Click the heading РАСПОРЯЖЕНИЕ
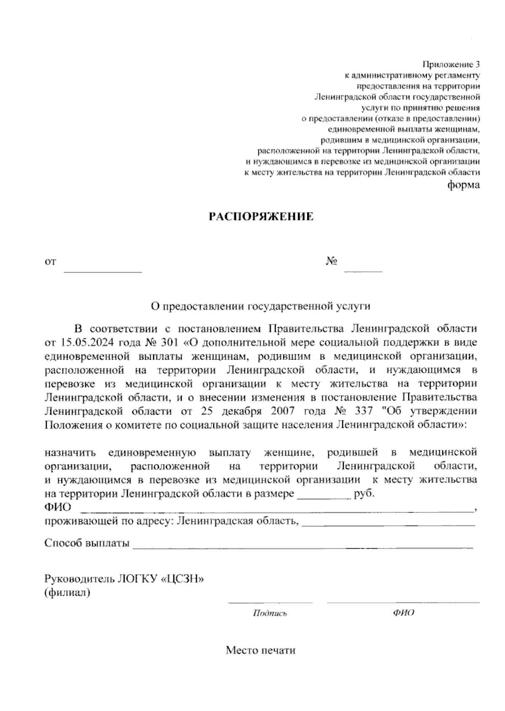pyautogui.click(x=261, y=217)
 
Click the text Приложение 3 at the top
pyautogui.click(x=451, y=65)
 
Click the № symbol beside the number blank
pyautogui.click(x=332, y=262)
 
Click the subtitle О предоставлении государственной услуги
pyautogui.click(x=261, y=306)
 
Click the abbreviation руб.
pyautogui.click(x=365, y=493)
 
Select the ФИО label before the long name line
pyautogui.click(x=58, y=507)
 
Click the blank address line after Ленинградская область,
pyautogui.click(x=388, y=524)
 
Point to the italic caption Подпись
pyautogui.click(x=270, y=613)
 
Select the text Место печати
pyautogui.click(x=260, y=650)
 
